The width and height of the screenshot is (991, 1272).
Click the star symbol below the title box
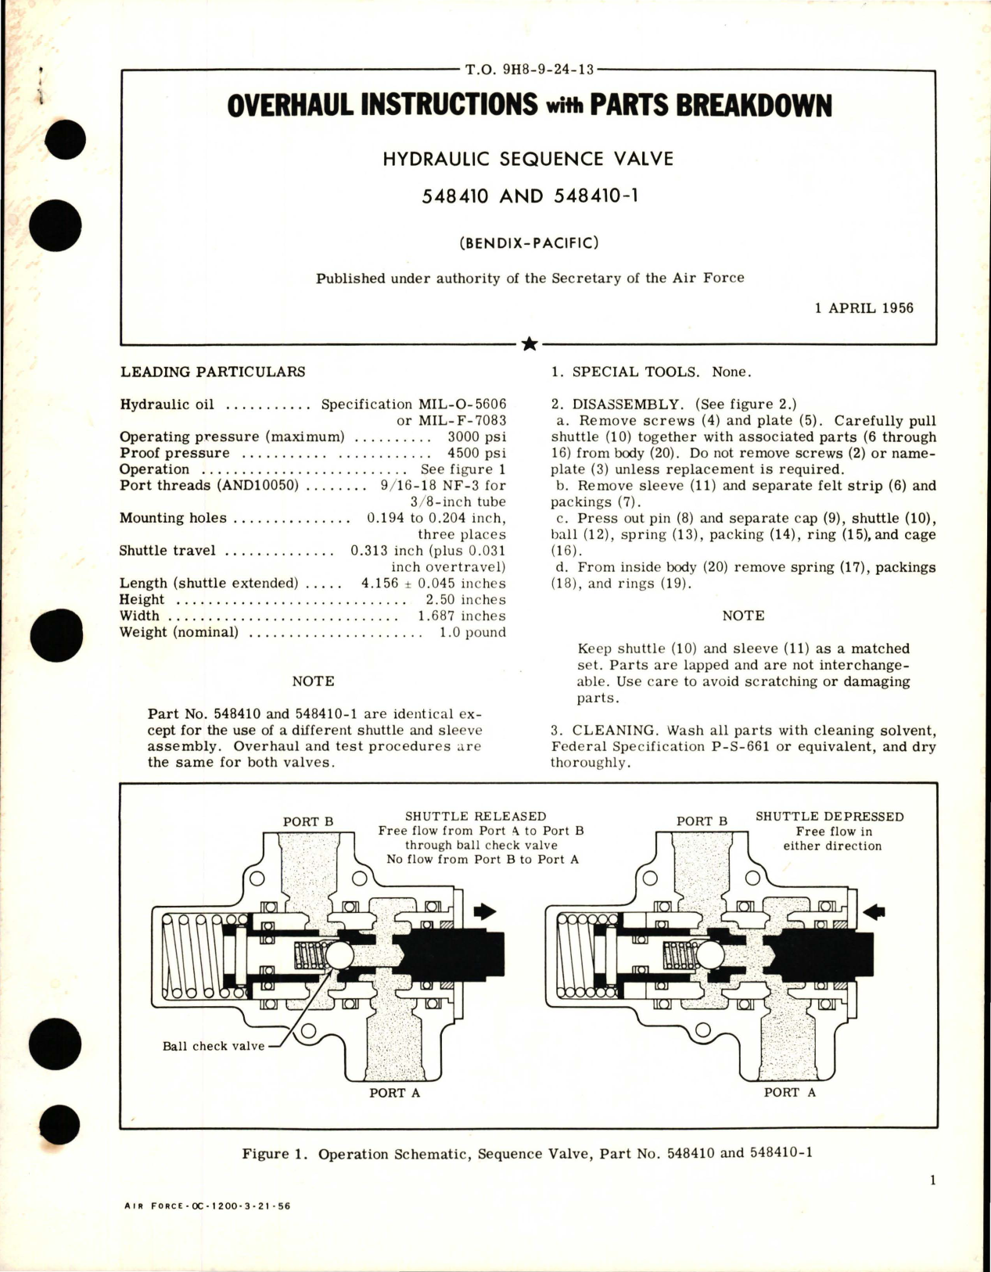(529, 343)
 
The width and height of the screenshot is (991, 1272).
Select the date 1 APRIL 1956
(864, 307)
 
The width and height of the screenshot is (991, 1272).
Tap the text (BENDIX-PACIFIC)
(528, 243)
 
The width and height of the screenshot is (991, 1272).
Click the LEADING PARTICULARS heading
(212, 372)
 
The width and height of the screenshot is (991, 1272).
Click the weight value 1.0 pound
(472, 632)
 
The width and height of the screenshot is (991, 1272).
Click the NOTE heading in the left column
(313, 681)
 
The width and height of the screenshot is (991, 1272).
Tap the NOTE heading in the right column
(743, 616)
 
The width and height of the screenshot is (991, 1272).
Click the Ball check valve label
(214, 1046)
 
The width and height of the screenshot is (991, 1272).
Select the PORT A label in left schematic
(394, 1093)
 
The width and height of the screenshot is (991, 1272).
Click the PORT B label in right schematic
(702, 821)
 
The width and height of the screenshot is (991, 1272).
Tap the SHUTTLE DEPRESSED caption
(829, 817)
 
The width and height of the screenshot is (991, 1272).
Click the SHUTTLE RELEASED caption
(476, 817)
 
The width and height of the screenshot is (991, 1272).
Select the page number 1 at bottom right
(933, 1181)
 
